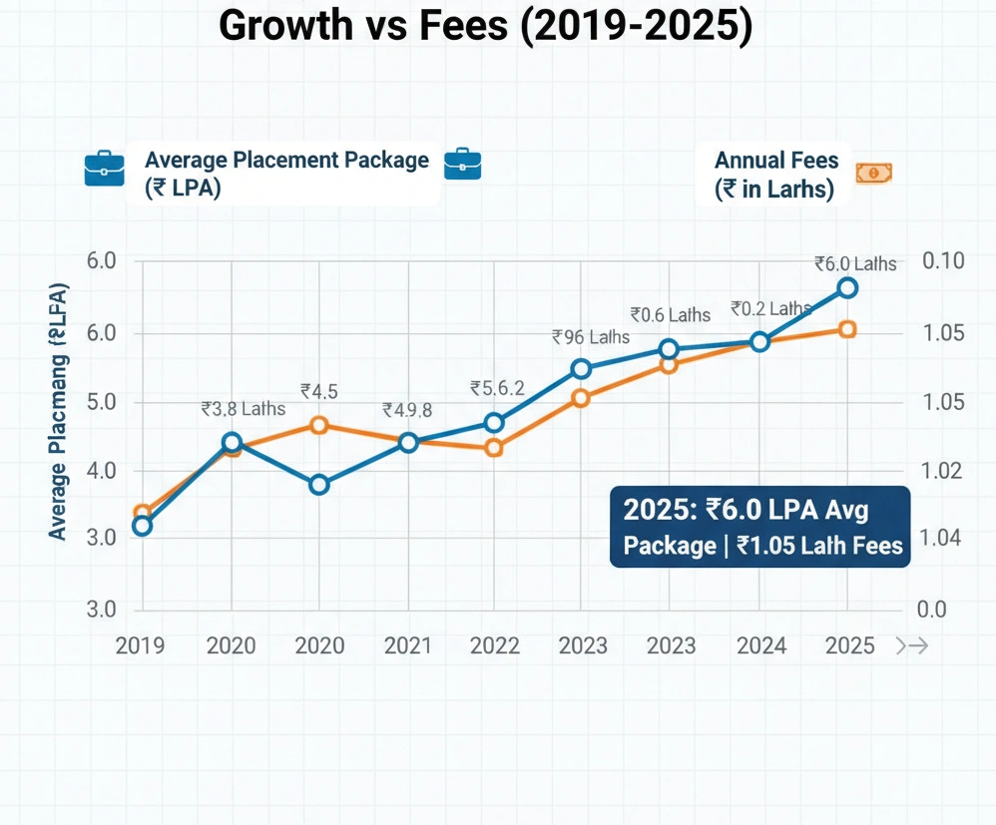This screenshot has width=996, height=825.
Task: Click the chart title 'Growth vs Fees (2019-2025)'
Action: tap(485, 27)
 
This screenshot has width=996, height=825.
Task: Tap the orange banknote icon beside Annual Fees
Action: tap(873, 174)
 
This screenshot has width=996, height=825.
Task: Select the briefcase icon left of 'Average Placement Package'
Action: tap(104, 168)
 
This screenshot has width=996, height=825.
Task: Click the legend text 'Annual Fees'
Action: tap(776, 160)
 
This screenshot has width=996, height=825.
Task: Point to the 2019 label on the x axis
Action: tap(141, 645)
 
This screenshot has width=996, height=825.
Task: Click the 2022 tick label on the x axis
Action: tap(495, 645)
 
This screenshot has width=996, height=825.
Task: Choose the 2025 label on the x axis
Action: tap(849, 645)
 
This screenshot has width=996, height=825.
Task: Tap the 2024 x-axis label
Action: tap(760, 645)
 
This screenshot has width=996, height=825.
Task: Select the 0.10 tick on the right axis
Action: tap(944, 261)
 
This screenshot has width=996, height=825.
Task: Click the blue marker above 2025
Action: tap(847, 288)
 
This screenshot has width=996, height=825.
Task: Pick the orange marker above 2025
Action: tap(847, 329)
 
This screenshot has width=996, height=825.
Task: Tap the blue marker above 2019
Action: tap(142, 526)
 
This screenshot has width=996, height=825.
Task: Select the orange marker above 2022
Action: tap(493, 448)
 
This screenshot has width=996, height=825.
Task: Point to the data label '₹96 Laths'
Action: tap(590, 337)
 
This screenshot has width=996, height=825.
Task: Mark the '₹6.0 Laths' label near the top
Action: tap(854, 264)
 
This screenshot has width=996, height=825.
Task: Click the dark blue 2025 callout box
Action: tap(760, 527)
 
